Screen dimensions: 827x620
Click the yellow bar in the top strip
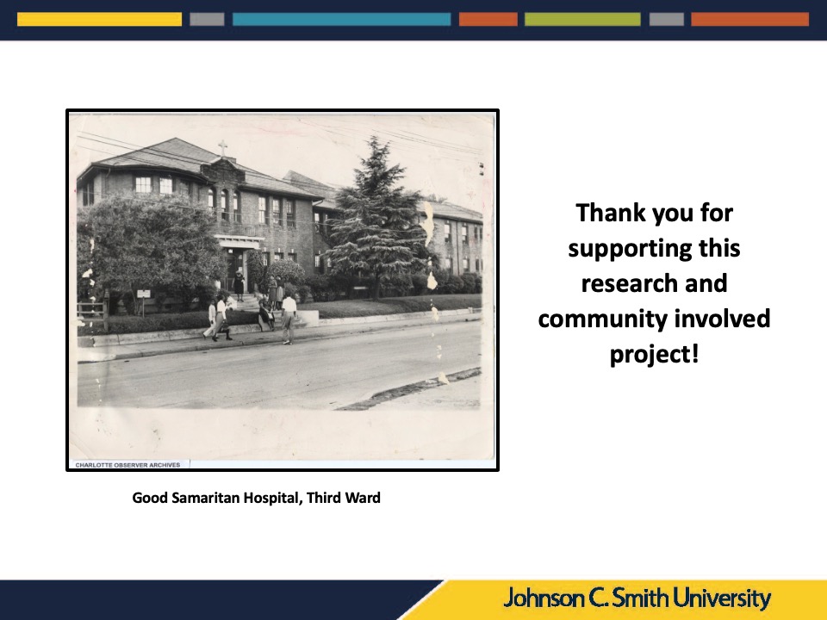click(99, 20)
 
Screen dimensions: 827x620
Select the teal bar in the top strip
click(342, 20)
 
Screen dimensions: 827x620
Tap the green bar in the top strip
click(582, 20)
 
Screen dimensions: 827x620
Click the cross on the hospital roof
click(223, 148)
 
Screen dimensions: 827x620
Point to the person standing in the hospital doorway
click(239, 284)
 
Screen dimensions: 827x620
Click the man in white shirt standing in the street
click(288, 319)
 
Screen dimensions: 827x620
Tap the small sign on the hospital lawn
click(144, 294)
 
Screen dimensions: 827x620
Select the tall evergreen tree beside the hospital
click(375, 216)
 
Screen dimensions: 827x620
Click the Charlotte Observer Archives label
click(127, 465)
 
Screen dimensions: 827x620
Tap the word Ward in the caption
click(363, 498)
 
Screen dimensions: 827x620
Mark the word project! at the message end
click(655, 354)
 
